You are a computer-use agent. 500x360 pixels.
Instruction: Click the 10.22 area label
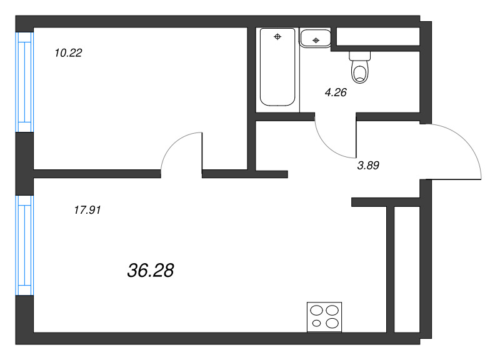[68, 53]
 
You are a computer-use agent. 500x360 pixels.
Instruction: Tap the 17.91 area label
[87, 210]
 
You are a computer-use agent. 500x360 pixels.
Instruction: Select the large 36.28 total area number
[151, 271]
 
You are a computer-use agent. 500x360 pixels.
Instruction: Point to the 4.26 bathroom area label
[336, 92]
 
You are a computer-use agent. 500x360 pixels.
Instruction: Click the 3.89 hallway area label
[368, 166]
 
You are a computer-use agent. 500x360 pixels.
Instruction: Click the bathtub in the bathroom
[277, 67]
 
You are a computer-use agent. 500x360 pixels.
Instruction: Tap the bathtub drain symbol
[277, 37]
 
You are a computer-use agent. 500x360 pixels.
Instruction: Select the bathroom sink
[315, 38]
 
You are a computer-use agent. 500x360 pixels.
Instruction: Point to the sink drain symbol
[316, 40]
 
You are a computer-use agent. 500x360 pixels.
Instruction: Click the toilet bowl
[360, 72]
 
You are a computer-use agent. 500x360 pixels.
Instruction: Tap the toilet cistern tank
[360, 56]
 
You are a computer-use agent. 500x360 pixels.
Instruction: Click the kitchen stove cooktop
[324, 317]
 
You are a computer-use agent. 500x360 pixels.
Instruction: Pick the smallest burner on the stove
[316, 323]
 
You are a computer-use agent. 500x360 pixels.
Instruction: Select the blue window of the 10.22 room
[24, 82]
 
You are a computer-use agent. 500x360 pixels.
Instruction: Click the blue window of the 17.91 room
[24, 246]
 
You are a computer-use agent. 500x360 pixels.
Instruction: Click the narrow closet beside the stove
[407, 269]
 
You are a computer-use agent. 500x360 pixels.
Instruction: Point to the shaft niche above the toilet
[378, 37]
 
